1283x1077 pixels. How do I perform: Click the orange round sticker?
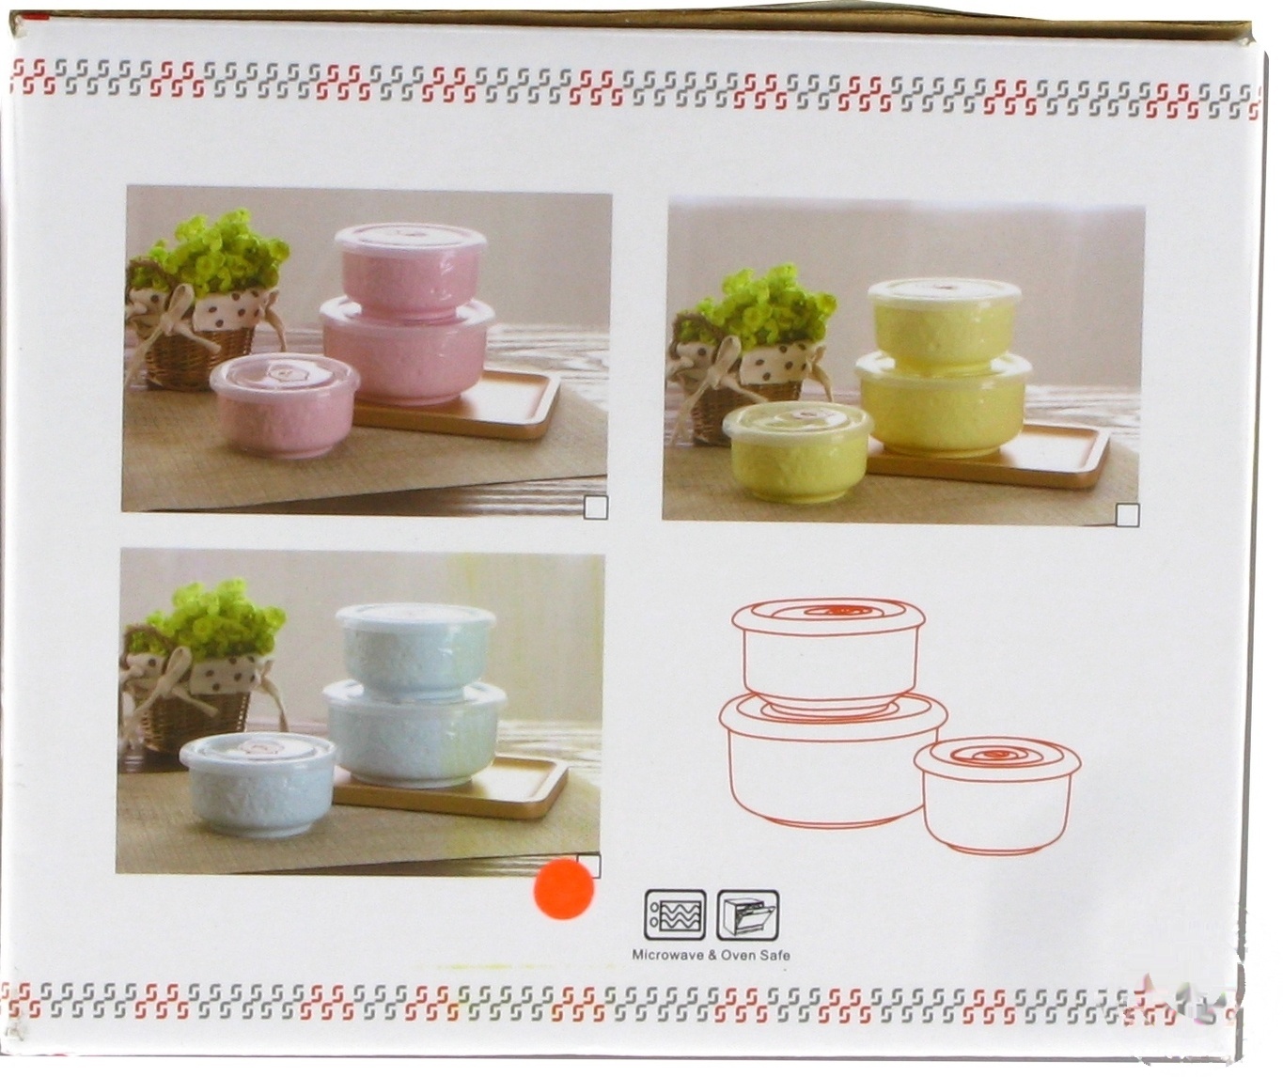[x=564, y=889]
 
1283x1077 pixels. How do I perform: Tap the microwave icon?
[x=675, y=915]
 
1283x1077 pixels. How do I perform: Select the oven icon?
[x=747, y=915]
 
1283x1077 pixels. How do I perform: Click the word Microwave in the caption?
[x=668, y=956]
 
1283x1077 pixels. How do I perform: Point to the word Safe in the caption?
[x=776, y=956]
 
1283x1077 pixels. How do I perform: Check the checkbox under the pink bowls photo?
[x=596, y=508]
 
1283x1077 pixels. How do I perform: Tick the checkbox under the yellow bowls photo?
[x=1127, y=514]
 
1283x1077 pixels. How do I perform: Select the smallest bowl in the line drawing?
[x=996, y=795]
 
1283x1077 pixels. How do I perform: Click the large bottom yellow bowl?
[x=942, y=404]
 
